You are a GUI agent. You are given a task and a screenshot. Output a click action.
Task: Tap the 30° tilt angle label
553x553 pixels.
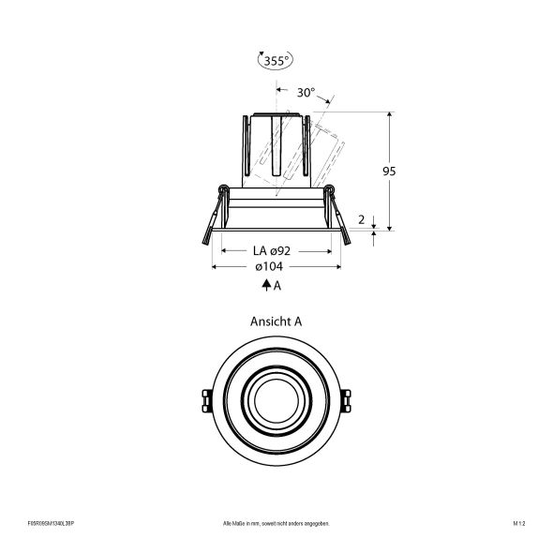306,94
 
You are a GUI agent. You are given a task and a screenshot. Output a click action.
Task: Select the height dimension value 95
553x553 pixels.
389,172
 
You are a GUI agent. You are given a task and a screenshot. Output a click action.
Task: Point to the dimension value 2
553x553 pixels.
363,218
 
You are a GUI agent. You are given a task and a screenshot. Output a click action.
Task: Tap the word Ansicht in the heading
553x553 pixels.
267,321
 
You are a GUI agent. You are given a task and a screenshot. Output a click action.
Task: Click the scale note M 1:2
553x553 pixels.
519,523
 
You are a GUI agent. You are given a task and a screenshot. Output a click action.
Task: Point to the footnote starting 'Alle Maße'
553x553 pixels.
276,523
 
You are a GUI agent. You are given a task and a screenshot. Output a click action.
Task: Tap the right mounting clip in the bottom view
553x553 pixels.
347,398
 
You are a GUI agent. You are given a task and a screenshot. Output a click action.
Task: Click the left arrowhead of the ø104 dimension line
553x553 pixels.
217,267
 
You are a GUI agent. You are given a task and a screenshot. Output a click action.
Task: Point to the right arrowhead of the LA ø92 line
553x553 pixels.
328,251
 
